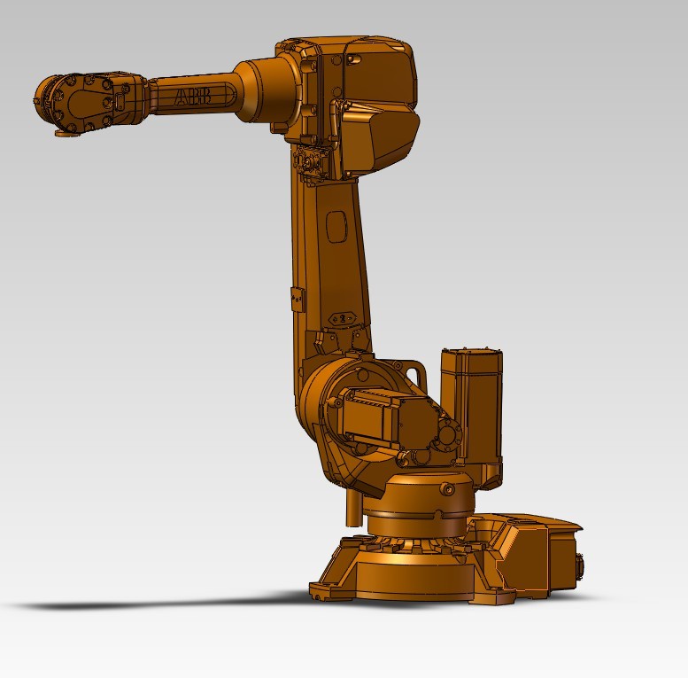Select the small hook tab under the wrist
(64, 134)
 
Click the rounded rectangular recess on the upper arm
(336, 225)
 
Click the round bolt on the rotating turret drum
(447, 488)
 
